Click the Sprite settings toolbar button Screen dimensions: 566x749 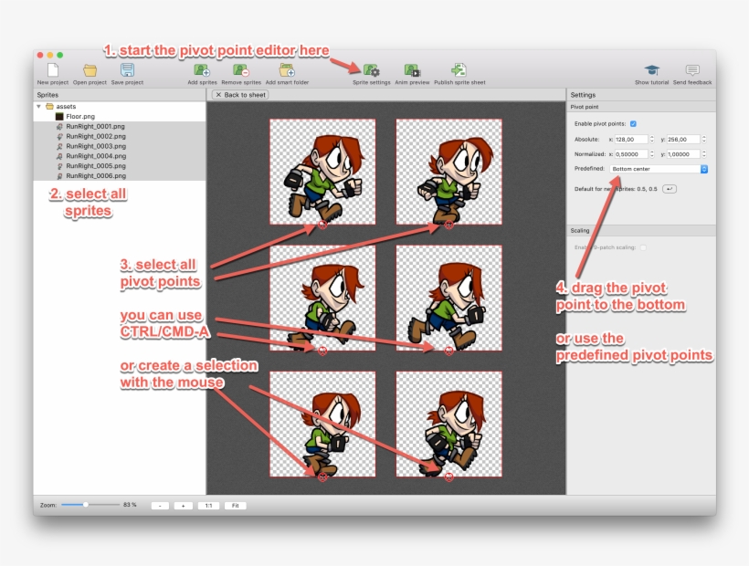click(371, 71)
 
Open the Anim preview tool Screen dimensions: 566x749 click(412, 71)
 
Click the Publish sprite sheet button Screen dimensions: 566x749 click(459, 71)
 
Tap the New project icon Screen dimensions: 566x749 click(52, 71)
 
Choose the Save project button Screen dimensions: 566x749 click(127, 71)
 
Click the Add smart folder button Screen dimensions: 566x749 click(287, 71)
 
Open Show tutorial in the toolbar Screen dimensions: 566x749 click(651, 71)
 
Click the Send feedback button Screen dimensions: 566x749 click(691, 71)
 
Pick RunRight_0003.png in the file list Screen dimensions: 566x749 click(95, 146)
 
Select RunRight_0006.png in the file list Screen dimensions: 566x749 click(95, 175)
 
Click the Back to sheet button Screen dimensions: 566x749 click(240, 95)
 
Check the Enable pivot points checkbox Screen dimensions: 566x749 click(633, 123)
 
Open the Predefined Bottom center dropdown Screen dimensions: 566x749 click(659, 169)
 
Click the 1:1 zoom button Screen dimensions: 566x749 click(208, 505)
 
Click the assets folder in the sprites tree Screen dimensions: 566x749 click(66, 107)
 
